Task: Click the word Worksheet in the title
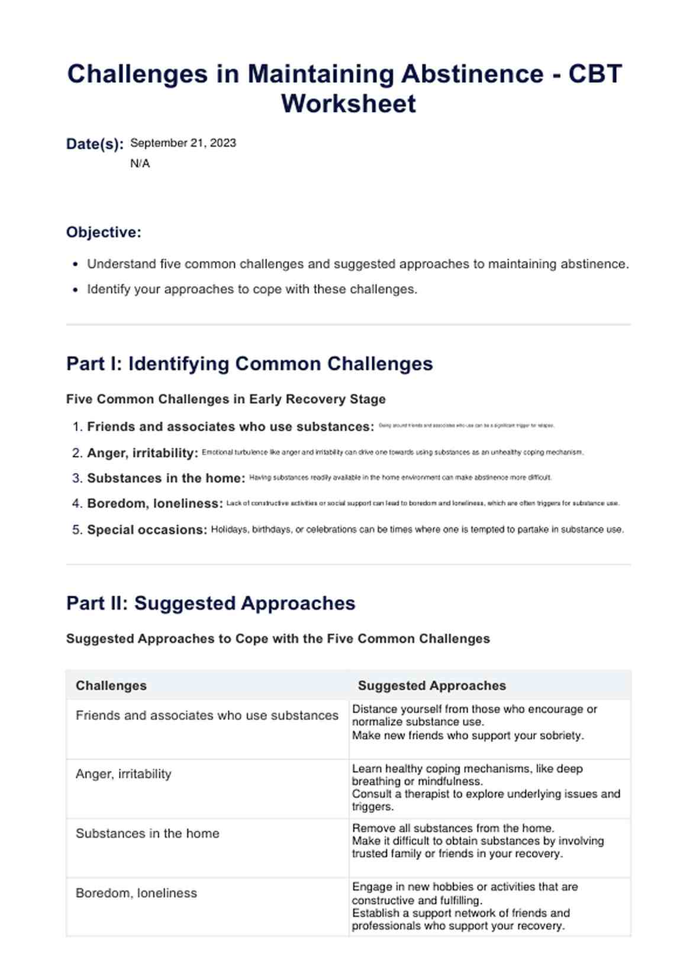(x=348, y=104)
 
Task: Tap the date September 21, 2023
(x=183, y=143)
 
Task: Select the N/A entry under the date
(x=140, y=163)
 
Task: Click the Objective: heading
(x=104, y=232)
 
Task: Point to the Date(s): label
(x=95, y=144)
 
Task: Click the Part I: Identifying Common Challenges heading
(x=249, y=364)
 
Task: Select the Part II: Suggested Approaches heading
(x=211, y=603)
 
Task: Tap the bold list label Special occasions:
(x=147, y=529)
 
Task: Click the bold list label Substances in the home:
(x=166, y=478)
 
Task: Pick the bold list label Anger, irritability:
(x=142, y=453)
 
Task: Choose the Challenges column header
(x=111, y=685)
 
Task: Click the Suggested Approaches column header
(x=431, y=685)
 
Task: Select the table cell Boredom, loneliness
(x=136, y=893)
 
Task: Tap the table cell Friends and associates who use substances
(x=207, y=715)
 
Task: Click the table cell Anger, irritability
(x=123, y=774)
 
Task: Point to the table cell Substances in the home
(x=147, y=833)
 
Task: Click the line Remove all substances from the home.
(x=453, y=828)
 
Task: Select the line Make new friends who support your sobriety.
(x=468, y=735)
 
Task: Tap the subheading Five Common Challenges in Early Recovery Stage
(x=225, y=399)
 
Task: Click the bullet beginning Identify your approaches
(x=252, y=289)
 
